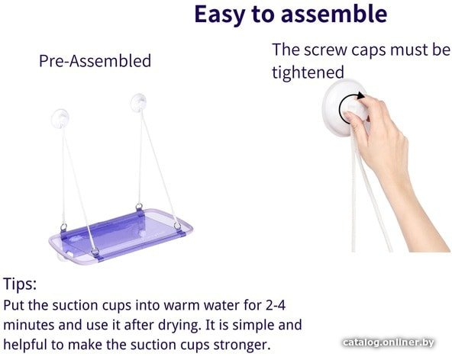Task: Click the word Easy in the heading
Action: (219, 15)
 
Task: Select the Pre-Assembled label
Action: (95, 61)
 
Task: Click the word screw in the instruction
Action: (326, 50)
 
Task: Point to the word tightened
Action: (308, 72)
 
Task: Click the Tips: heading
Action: (20, 284)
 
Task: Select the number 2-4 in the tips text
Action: (276, 305)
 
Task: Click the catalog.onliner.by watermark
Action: (389, 342)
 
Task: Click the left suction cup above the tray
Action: (60, 118)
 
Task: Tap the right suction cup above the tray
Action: (139, 102)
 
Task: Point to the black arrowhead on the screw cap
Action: (360, 95)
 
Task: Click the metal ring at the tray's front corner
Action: (95, 252)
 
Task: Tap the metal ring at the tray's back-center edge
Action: (139, 207)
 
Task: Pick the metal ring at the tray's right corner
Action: (177, 226)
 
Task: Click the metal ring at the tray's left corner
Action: (63, 227)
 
